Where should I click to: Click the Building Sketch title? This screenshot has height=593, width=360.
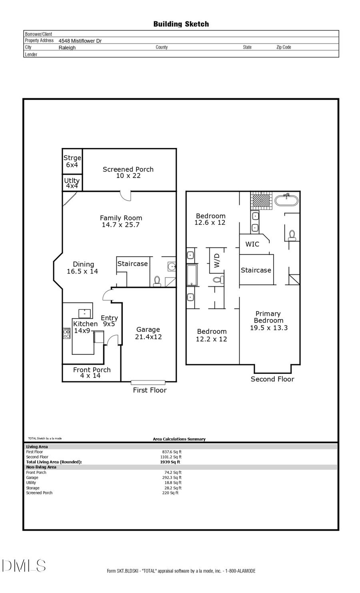coord(181,24)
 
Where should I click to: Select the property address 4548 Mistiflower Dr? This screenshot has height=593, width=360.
coord(80,41)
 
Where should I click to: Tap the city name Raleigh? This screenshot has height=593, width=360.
coord(67,48)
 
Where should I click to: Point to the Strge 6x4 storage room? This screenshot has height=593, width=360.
coord(72,161)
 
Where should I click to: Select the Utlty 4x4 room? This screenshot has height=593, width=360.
coord(72,183)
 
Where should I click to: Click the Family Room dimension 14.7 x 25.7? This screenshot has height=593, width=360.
coord(120,225)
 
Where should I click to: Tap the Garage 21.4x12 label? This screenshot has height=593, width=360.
coord(148,333)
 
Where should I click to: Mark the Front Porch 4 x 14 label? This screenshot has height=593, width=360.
coord(92,373)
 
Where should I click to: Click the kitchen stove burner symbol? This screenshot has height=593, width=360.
coord(66,333)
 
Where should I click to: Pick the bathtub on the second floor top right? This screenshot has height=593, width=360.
coord(286,200)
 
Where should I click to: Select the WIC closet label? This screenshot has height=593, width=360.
coord(252,244)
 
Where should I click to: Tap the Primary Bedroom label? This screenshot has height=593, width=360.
coord(268,317)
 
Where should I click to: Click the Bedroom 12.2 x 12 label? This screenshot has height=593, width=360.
coord(212,335)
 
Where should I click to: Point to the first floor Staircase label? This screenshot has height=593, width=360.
coord(132,264)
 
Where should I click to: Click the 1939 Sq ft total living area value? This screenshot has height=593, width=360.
coord(170,462)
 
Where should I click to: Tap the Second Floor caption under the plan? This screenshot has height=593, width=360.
coord(272,379)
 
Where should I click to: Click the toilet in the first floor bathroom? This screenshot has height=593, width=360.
coord(157,281)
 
